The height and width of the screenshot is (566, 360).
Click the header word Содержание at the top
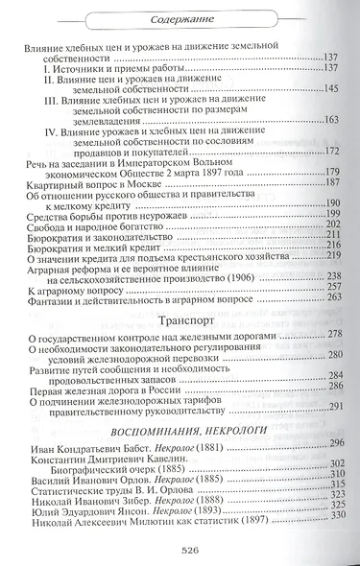click(x=180, y=14)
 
